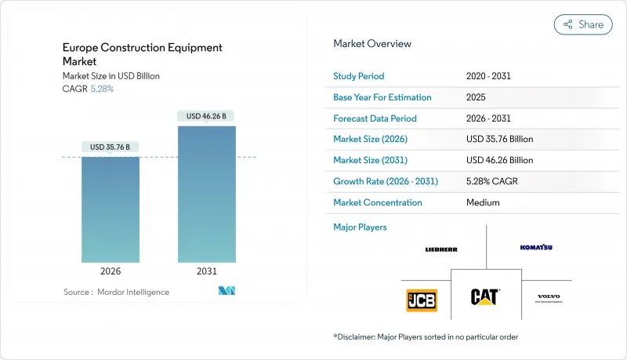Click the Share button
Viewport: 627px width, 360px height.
coord(582,24)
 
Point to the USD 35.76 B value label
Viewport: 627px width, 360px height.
coord(111,147)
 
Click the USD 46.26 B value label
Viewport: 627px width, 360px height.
coord(207,116)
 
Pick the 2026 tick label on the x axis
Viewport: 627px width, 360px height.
coord(111,272)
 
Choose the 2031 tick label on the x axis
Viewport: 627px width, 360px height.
coord(207,272)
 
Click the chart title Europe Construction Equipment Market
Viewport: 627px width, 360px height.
coord(142,53)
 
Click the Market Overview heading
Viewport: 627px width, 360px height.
coord(372,44)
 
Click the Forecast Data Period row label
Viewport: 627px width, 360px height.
coord(375,118)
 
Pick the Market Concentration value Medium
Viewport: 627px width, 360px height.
coord(483,202)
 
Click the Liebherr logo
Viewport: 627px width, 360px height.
coord(441,249)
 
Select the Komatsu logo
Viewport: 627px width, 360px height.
coord(536,247)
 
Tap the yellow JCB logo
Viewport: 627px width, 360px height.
coord(422,300)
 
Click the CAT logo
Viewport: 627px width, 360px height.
coord(486,296)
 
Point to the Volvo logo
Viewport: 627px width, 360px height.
coord(549,298)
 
